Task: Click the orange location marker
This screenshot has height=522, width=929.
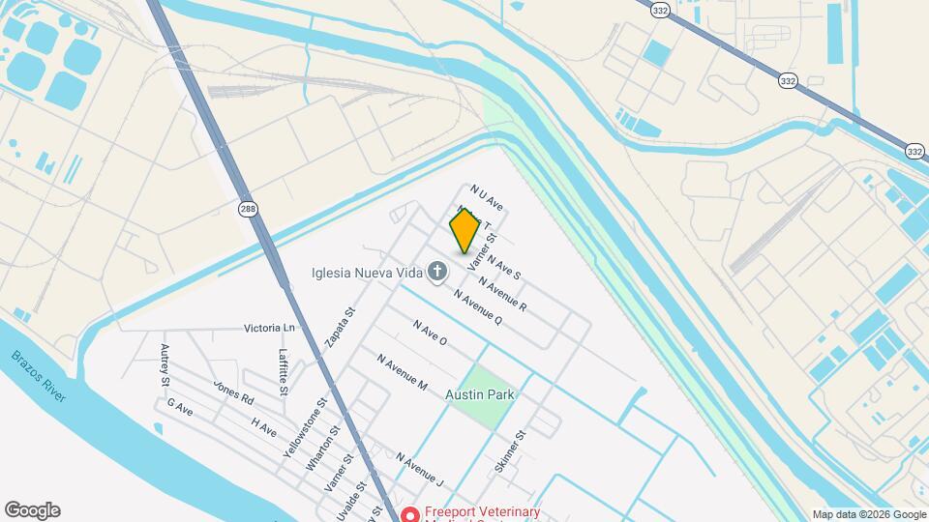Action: coord(464,230)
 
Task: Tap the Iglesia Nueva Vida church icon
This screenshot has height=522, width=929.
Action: coord(437,272)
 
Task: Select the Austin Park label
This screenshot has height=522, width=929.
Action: coord(480,394)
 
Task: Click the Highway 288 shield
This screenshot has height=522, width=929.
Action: coord(249,210)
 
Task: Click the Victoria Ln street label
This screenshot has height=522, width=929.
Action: coord(269,328)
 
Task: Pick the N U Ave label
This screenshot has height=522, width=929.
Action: coord(488,198)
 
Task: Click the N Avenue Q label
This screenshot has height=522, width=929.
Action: coord(478,307)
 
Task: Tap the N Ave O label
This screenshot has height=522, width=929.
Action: coord(430,333)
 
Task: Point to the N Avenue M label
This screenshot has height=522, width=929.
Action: coord(403,371)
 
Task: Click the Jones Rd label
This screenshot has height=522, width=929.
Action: coord(233,392)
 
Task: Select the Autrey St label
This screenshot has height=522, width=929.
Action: coord(165,364)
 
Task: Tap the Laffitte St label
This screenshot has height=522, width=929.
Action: coord(284,371)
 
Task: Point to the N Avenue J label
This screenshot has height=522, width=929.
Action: coord(419,469)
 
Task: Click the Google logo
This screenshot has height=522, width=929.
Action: coord(32,510)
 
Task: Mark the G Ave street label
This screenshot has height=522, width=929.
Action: coord(180,407)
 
